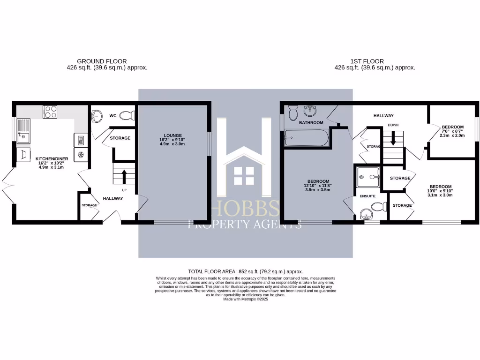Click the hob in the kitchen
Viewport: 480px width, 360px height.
pyautogui.click(x=50, y=112)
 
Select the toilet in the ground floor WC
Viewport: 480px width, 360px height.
pyautogui.click(x=127, y=115)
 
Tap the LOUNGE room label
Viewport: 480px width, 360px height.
pyautogui.click(x=173, y=135)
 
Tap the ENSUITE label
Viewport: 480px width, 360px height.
pyautogui.click(x=367, y=196)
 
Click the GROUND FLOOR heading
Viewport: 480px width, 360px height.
pyautogui.click(x=102, y=61)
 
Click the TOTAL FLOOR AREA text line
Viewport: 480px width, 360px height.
pyautogui.click(x=245, y=271)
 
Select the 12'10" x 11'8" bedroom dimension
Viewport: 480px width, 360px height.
pyautogui.click(x=318, y=186)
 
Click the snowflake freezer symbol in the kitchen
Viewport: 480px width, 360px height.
pyautogui.click(x=80, y=155)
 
